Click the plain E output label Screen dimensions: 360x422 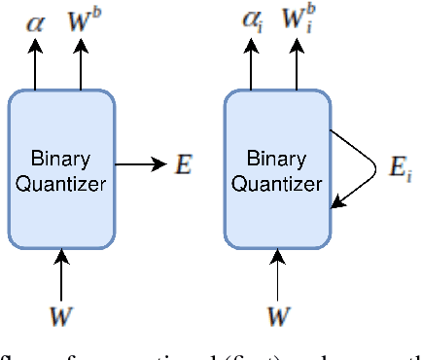tap(182, 165)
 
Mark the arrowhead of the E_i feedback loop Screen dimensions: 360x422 tap(337, 202)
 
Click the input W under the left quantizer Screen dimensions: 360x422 tap(61, 316)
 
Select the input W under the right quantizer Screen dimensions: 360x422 tap(278, 316)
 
